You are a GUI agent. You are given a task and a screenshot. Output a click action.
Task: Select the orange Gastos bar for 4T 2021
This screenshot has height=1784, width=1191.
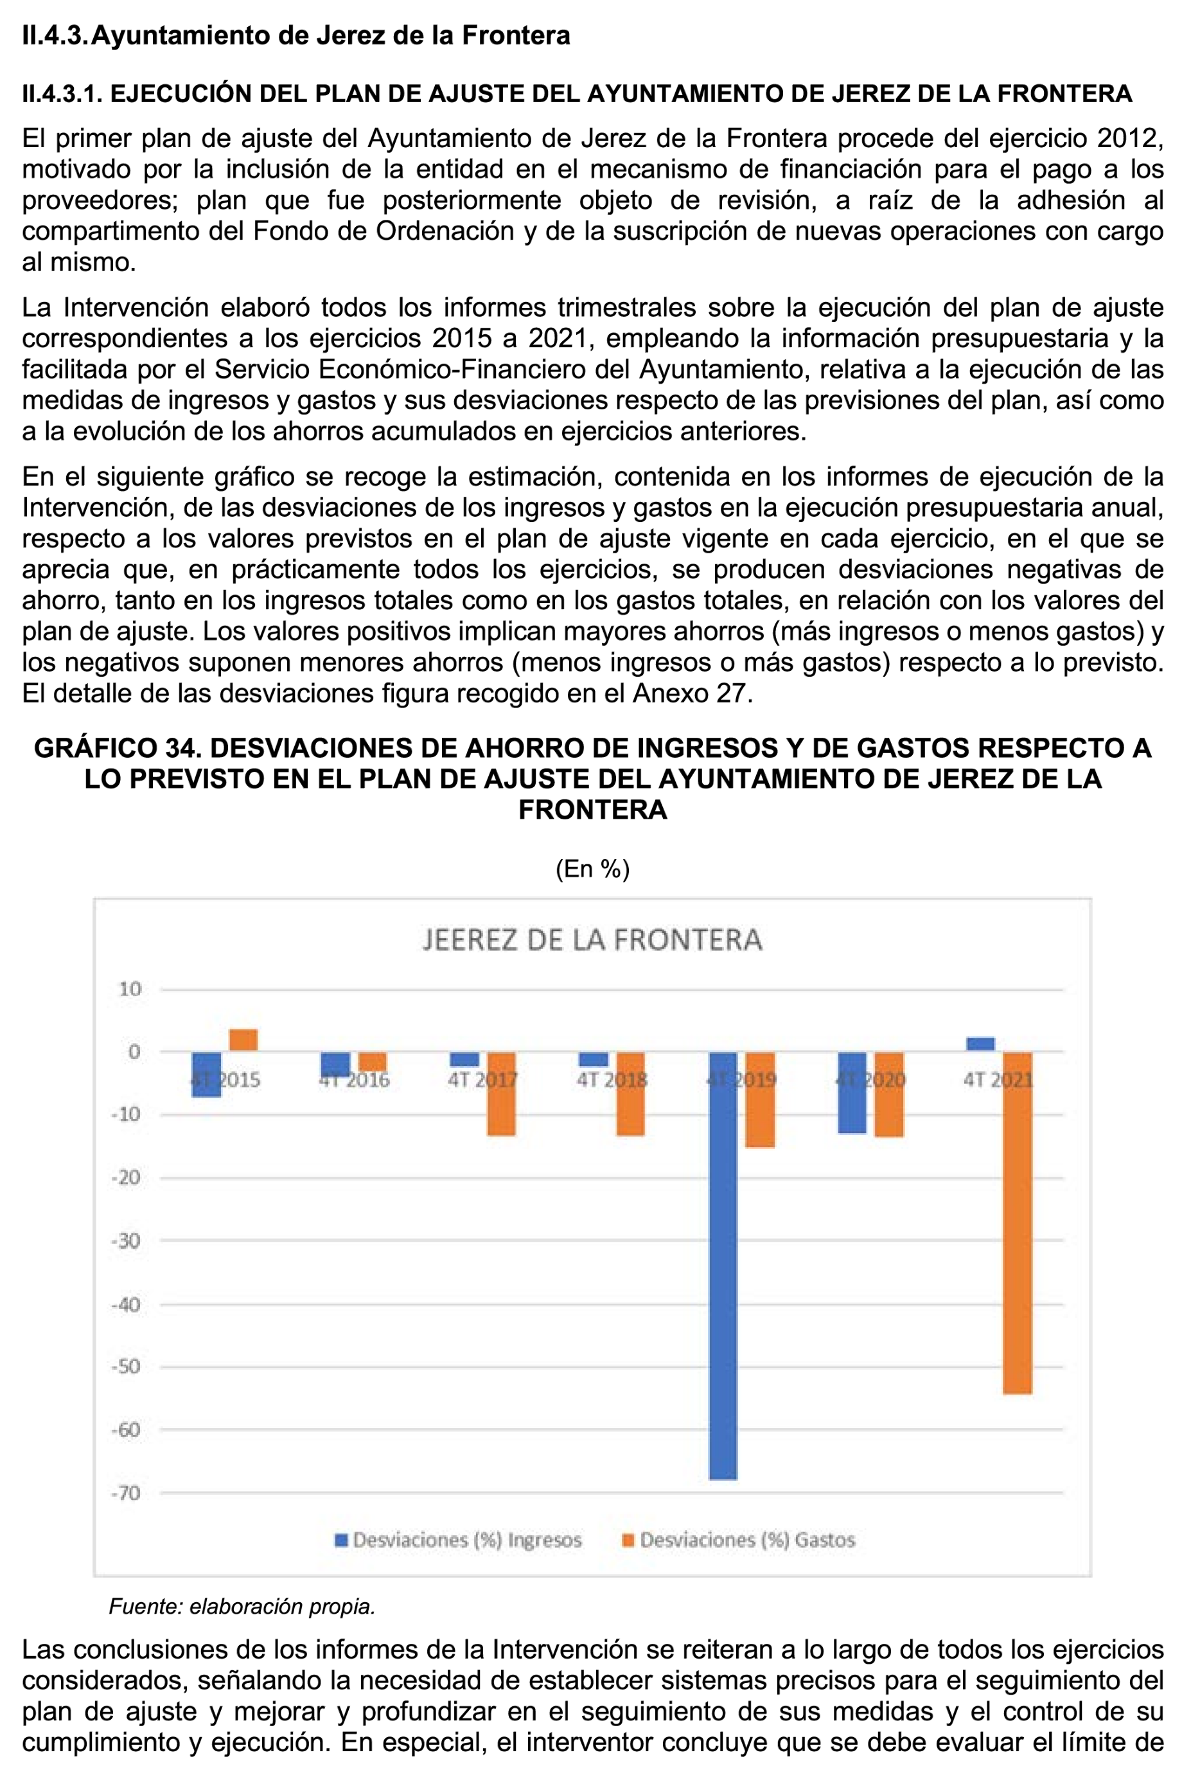coord(1017,1222)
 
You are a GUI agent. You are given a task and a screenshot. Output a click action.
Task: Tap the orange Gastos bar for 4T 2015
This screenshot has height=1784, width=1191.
coord(243,1040)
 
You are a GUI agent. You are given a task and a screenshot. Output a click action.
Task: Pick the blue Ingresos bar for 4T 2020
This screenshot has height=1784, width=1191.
coord(851,1093)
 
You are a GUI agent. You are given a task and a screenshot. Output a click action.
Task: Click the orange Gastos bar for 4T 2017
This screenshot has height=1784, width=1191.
coord(501,1093)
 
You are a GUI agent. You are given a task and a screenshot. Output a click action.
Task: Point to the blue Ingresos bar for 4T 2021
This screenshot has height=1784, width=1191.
coord(980,1044)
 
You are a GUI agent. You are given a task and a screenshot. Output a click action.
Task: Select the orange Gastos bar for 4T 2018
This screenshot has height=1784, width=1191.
coord(630,1093)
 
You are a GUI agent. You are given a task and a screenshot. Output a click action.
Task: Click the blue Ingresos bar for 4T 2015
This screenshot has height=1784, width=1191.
coord(207,1075)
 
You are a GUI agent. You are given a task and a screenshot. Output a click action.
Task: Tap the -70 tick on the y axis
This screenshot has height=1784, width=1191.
coord(126,1493)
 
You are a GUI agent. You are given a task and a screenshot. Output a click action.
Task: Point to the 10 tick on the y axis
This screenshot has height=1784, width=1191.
coord(130,988)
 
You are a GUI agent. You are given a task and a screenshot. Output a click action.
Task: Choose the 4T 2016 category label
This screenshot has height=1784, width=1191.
coord(355,1080)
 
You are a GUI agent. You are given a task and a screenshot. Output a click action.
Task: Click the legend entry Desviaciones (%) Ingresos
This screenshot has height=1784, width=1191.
coord(459,1540)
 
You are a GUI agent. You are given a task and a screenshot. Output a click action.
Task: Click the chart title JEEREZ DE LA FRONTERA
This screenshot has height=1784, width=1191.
coord(592,940)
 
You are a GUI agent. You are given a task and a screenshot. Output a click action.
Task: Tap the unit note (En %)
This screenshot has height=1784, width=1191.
coord(592,868)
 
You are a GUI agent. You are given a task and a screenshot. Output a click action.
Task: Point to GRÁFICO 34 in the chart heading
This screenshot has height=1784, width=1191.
coord(117,747)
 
